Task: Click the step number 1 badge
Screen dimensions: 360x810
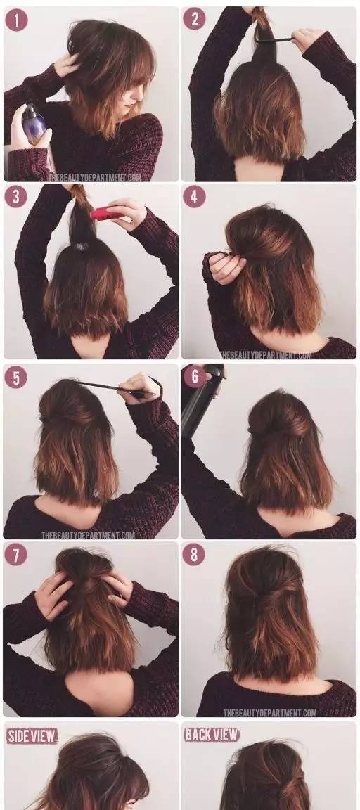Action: [x=16, y=20]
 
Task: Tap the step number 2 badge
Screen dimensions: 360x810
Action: [x=194, y=18]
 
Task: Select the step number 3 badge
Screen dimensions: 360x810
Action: [x=16, y=197]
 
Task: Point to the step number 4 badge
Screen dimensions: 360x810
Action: [x=194, y=197]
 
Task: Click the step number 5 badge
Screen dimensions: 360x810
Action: [x=16, y=378]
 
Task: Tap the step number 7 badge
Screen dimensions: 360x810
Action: [x=16, y=555]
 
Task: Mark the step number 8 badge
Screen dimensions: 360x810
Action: [x=194, y=555]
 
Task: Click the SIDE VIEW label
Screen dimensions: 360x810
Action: [x=32, y=735]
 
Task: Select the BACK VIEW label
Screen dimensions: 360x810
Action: [x=212, y=735]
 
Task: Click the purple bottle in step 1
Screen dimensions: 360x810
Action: [x=34, y=124]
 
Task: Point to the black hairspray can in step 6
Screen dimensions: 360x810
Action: [x=198, y=400]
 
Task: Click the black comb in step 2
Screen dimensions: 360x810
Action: [x=274, y=39]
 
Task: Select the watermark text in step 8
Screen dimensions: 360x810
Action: [x=270, y=713]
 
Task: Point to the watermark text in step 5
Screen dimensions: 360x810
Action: [x=89, y=535]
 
